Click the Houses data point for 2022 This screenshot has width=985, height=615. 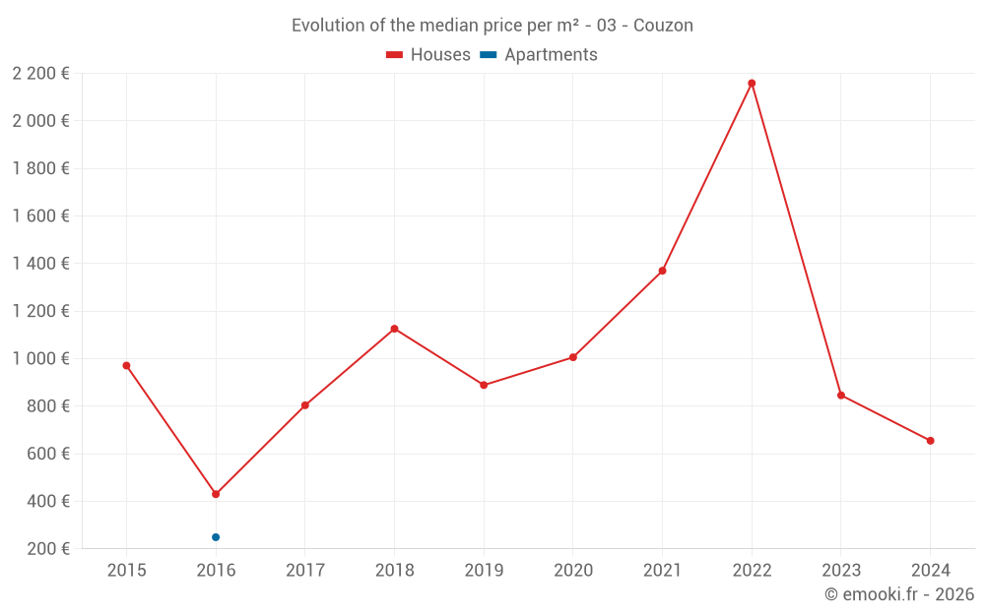[x=752, y=84]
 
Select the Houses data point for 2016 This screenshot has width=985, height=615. [x=216, y=494]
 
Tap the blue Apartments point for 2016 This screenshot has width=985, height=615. [x=216, y=537]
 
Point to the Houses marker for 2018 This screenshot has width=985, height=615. [x=394, y=329]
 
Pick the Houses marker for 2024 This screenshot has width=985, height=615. [x=930, y=441]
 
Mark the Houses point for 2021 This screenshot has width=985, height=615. [x=662, y=271]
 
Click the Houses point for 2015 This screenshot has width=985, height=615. [x=126, y=365]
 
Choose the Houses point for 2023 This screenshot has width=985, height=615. [x=841, y=396]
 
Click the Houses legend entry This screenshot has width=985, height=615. [x=428, y=55]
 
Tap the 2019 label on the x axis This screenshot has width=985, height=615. [x=484, y=570]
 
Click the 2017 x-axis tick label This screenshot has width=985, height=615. [x=304, y=570]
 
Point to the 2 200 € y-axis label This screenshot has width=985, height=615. [x=41, y=74]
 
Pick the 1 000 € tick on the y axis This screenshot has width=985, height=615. [x=41, y=359]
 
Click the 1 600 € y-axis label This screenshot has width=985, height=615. [x=41, y=216]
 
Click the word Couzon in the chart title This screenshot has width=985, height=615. [x=663, y=26]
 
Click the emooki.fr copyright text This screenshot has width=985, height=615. [x=899, y=594]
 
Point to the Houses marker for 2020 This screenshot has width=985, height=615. [x=572, y=357]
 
